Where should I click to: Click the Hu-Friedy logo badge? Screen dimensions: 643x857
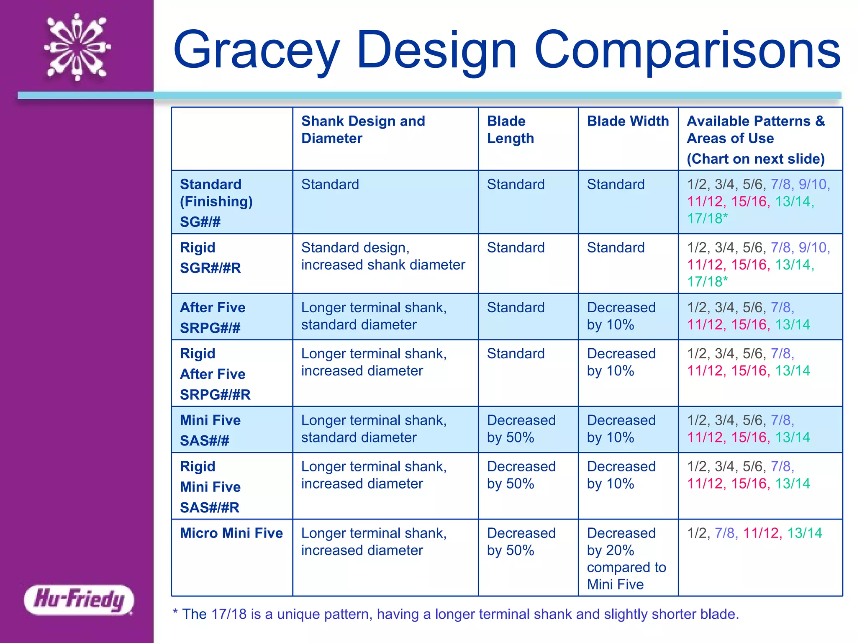[x=79, y=599]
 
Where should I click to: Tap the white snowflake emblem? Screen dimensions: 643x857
[x=77, y=47]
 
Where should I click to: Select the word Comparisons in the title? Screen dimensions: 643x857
[x=687, y=50]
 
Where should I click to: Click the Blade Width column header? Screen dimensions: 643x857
[x=628, y=121]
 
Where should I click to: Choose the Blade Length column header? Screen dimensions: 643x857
[x=510, y=130]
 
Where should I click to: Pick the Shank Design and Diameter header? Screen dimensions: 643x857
[x=363, y=130]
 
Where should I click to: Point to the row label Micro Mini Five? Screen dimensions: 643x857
[x=231, y=533]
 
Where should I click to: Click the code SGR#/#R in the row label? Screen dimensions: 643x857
[x=210, y=268]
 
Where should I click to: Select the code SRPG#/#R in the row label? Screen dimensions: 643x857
[x=215, y=395]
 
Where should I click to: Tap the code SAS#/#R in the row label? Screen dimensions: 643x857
[x=209, y=508]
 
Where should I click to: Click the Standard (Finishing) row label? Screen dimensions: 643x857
[x=216, y=193]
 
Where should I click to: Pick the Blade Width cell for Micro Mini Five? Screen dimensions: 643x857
[x=626, y=558]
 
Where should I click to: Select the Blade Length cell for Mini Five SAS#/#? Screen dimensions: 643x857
[x=521, y=429]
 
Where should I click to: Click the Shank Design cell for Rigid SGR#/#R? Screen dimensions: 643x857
[x=383, y=256]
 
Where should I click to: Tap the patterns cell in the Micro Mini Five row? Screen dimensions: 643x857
[x=754, y=533]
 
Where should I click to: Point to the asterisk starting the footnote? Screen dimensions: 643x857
[x=175, y=613]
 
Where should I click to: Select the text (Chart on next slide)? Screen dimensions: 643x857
[x=755, y=159]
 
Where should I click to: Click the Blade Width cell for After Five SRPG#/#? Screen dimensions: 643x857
[x=621, y=316]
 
